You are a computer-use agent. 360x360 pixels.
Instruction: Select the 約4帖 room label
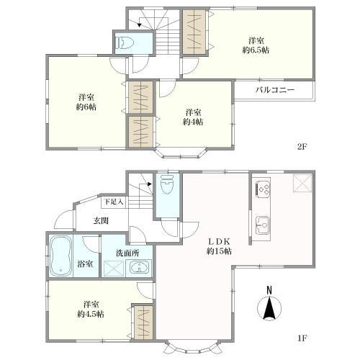coord(192,117)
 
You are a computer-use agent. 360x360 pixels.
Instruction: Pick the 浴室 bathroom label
coord(85,264)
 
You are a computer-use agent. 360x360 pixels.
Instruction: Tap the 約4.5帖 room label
coord(91,309)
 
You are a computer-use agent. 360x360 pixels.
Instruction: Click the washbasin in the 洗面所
coord(140,269)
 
